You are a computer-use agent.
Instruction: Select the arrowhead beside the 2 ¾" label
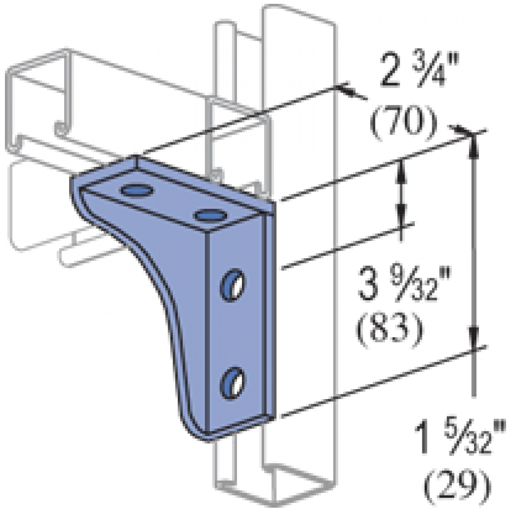tap(349, 92)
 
